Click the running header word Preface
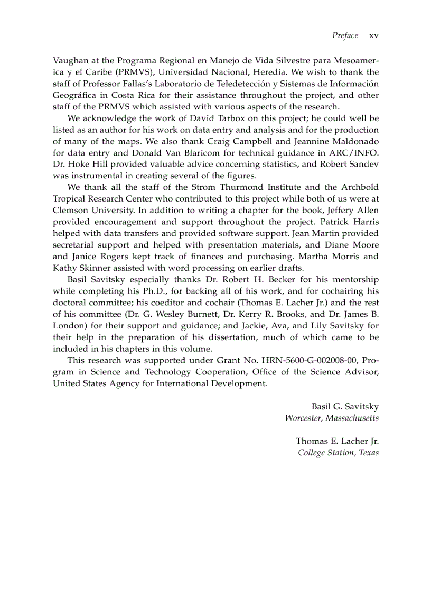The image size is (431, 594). pyautogui.click(x=345, y=35)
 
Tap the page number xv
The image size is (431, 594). pyautogui.click(x=374, y=35)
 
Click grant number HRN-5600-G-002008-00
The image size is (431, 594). pyautogui.click(x=315, y=360)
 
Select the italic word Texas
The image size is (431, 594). pyautogui.click(x=369, y=453)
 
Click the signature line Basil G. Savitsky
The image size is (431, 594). pyautogui.click(x=345, y=406)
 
